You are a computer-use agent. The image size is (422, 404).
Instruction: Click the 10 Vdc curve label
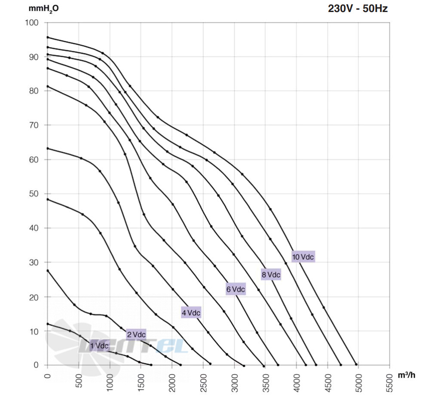pyautogui.click(x=303, y=257)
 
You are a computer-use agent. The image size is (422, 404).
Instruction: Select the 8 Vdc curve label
pyautogui.click(x=271, y=275)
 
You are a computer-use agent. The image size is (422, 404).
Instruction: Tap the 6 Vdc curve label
pyautogui.click(x=235, y=289)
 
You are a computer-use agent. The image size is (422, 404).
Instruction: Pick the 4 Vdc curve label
pyautogui.click(x=191, y=313)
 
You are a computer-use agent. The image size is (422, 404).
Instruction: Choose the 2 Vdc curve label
pyautogui.click(x=136, y=334)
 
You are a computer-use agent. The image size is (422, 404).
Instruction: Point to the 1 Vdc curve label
pyautogui.click(x=99, y=346)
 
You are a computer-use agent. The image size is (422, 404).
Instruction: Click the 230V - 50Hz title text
pyautogui.click(x=358, y=9)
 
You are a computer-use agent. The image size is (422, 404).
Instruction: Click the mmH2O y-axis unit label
pyautogui.click(x=43, y=9)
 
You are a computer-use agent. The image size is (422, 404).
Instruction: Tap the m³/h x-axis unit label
pyautogui.click(x=407, y=375)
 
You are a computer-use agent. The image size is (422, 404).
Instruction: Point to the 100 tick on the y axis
pyautogui.click(x=32, y=23)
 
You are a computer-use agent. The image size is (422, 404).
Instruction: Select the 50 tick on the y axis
pyautogui.click(x=34, y=194)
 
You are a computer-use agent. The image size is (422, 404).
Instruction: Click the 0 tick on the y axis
pyautogui.click(x=36, y=365)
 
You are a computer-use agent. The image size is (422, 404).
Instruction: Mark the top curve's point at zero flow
pyautogui.click(x=48, y=37)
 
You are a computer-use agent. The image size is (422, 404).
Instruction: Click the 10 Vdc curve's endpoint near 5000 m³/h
pyautogui.click(x=356, y=365)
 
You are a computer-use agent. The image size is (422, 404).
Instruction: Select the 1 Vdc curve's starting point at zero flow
pyautogui.click(x=48, y=324)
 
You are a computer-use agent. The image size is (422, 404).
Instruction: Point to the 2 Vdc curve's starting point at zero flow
pyautogui.click(x=48, y=270)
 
